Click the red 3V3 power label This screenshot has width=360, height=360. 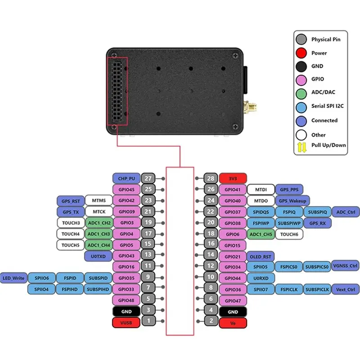click(233, 178)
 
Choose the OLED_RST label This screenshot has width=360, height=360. click(260, 256)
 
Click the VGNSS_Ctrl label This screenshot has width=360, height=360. click(346, 266)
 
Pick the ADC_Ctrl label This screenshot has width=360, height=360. click(346, 211)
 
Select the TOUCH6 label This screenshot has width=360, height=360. click(289, 234)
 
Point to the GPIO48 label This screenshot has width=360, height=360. click(126, 300)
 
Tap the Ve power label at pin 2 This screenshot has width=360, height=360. click(233, 322)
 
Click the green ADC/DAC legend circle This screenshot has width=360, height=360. click(301, 93)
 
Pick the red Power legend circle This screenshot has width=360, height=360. click(301, 53)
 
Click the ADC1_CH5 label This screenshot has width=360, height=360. click(261, 234)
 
